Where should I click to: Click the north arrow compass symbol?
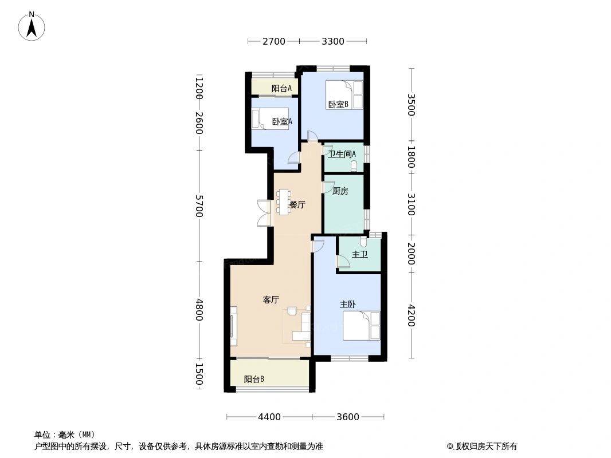click(32, 26)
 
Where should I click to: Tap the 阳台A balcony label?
click(281, 88)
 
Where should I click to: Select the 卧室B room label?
click(338, 104)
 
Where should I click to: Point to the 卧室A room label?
click(282, 122)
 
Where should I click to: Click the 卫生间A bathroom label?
click(342, 154)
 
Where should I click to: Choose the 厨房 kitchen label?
click(340, 191)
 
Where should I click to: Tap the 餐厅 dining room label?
click(297, 205)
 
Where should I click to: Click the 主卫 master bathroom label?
click(359, 255)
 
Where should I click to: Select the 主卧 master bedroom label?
click(347, 305)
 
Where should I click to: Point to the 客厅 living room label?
click(271, 299)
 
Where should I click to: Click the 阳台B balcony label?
click(254, 379)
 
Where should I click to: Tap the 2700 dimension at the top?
click(273, 41)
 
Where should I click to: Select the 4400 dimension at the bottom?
click(269, 417)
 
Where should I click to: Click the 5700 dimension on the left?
click(199, 206)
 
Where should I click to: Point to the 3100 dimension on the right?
click(411, 204)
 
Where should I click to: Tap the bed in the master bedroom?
click(361, 325)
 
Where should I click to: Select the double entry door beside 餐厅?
click(264, 213)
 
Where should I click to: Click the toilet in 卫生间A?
click(354, 167)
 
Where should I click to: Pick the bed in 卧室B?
click(344, 94)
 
